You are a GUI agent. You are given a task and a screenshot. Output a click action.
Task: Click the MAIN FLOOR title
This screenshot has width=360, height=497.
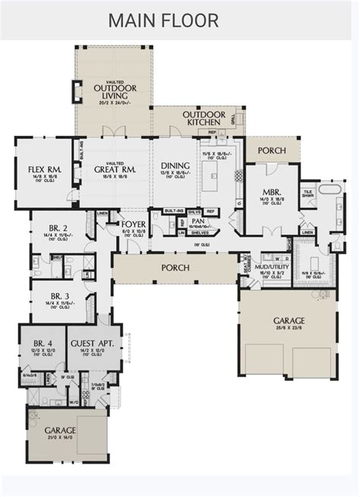[163, 20]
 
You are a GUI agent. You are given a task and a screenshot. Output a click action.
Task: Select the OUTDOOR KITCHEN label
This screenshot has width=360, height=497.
[202, 118]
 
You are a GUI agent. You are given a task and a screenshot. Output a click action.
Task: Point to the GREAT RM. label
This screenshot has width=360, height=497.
[115, 169]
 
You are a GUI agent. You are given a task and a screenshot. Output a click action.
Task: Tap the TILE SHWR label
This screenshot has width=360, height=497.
[309, 195]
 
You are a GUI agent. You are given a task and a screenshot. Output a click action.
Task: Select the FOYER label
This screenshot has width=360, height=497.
[134, 225]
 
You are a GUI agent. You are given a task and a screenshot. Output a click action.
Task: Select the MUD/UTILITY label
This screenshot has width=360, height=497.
[273, 268]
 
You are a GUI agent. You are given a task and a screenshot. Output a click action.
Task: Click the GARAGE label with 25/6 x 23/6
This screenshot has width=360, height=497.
[290, 321]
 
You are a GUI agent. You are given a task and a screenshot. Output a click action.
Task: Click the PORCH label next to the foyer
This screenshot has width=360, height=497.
[174, 269]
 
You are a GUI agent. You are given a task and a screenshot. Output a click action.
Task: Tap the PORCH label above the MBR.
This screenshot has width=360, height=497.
[271, 150]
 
